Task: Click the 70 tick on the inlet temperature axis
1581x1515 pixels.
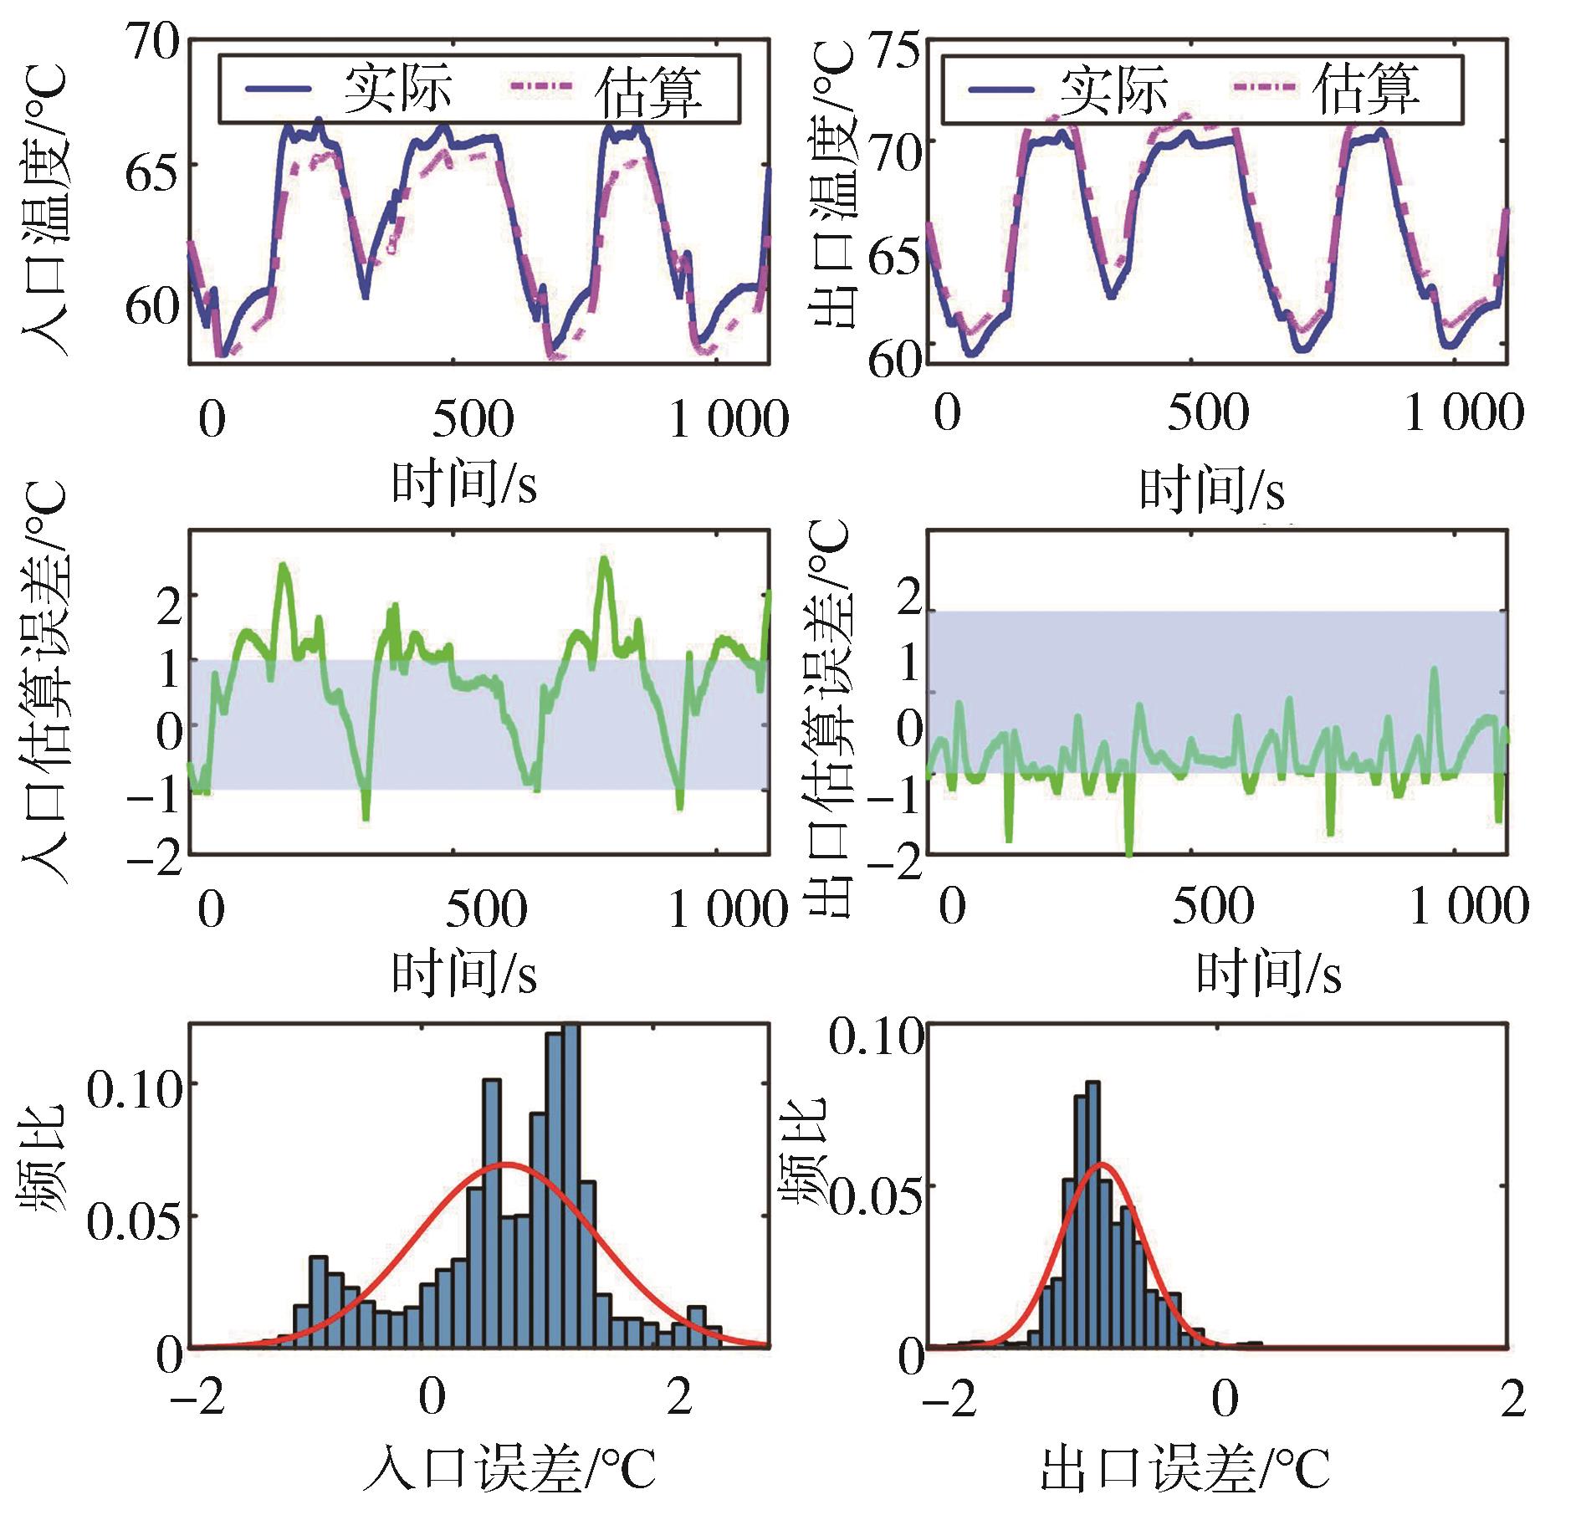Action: [x=152, y=42]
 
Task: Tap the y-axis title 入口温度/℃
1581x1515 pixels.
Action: [x=43, y=213]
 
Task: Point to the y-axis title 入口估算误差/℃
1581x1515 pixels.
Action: [x=43, y=682]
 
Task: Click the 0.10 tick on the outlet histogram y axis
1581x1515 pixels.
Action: [x=877, y=1037]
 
